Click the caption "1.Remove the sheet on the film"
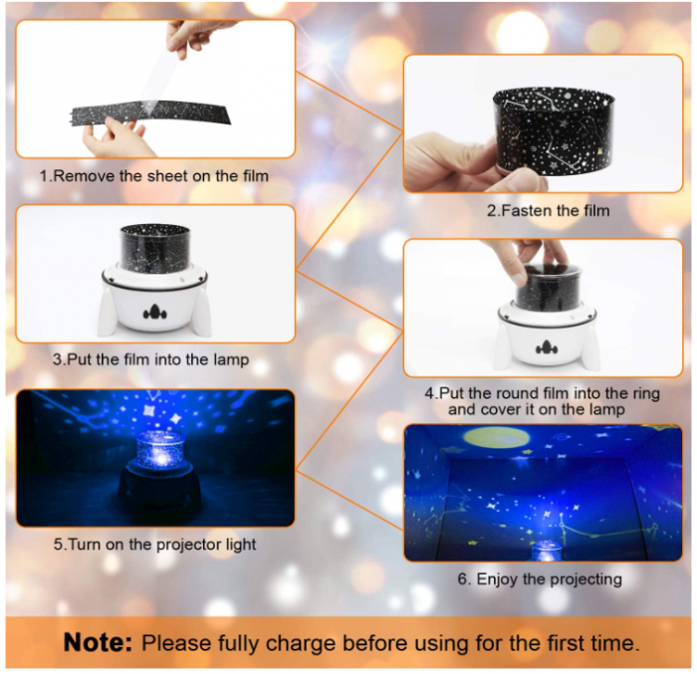pyautogui.click(x=153, y=176)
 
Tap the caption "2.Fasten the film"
pyautogui.click(x=548, y=210)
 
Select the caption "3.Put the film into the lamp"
pyautogui.click(x=151, y=359)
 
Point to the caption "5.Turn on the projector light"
pyautogui.click(x=154, y=545)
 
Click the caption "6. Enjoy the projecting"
pyautogui.click(x=540, y=578)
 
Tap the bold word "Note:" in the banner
pyautogui.click(x=98, y=642)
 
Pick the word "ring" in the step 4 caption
pyautogui.click(x=644, y=394)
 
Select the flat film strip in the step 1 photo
pyautogui.click(x=151, y=113)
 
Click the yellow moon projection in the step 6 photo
pyautogui.click(x=497, y=437)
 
